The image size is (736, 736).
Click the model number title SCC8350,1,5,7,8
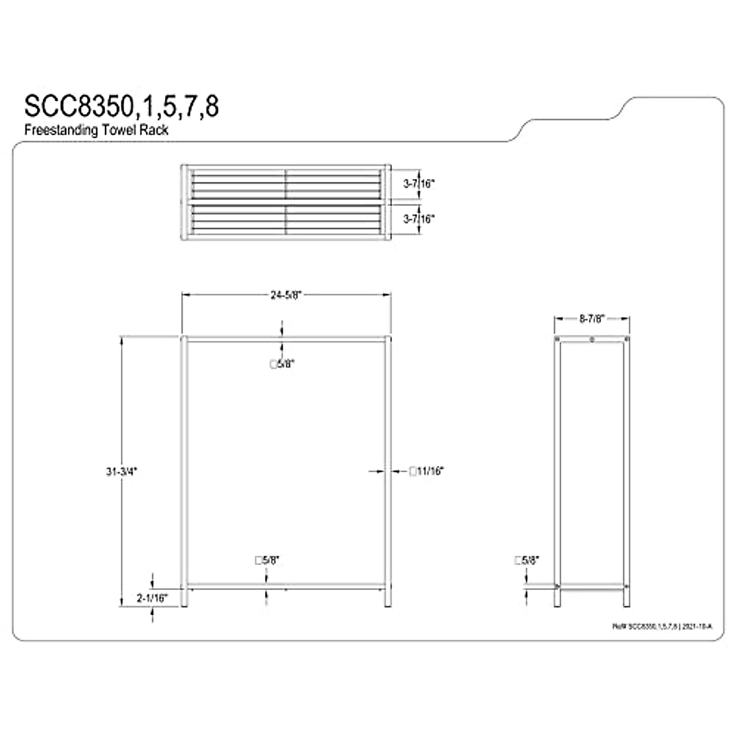click(121, 106)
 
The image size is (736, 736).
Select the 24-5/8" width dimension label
click(286, 294)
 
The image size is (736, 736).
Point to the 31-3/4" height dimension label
click(122, 472)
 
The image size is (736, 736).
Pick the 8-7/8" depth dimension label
click(592, 318)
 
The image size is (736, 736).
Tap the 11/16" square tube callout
click(426, 471)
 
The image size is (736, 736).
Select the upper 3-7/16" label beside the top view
click(419, 183)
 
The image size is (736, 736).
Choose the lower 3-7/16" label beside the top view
click(419, 218)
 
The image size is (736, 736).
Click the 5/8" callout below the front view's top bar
click(282, 364)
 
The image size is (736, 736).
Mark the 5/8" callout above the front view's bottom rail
click(267, 560)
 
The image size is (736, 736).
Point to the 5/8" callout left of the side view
click(526, 560)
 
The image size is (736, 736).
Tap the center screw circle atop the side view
click(592, 339)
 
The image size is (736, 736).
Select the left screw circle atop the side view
click(557, 339)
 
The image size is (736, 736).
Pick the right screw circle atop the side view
click(626, 339)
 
